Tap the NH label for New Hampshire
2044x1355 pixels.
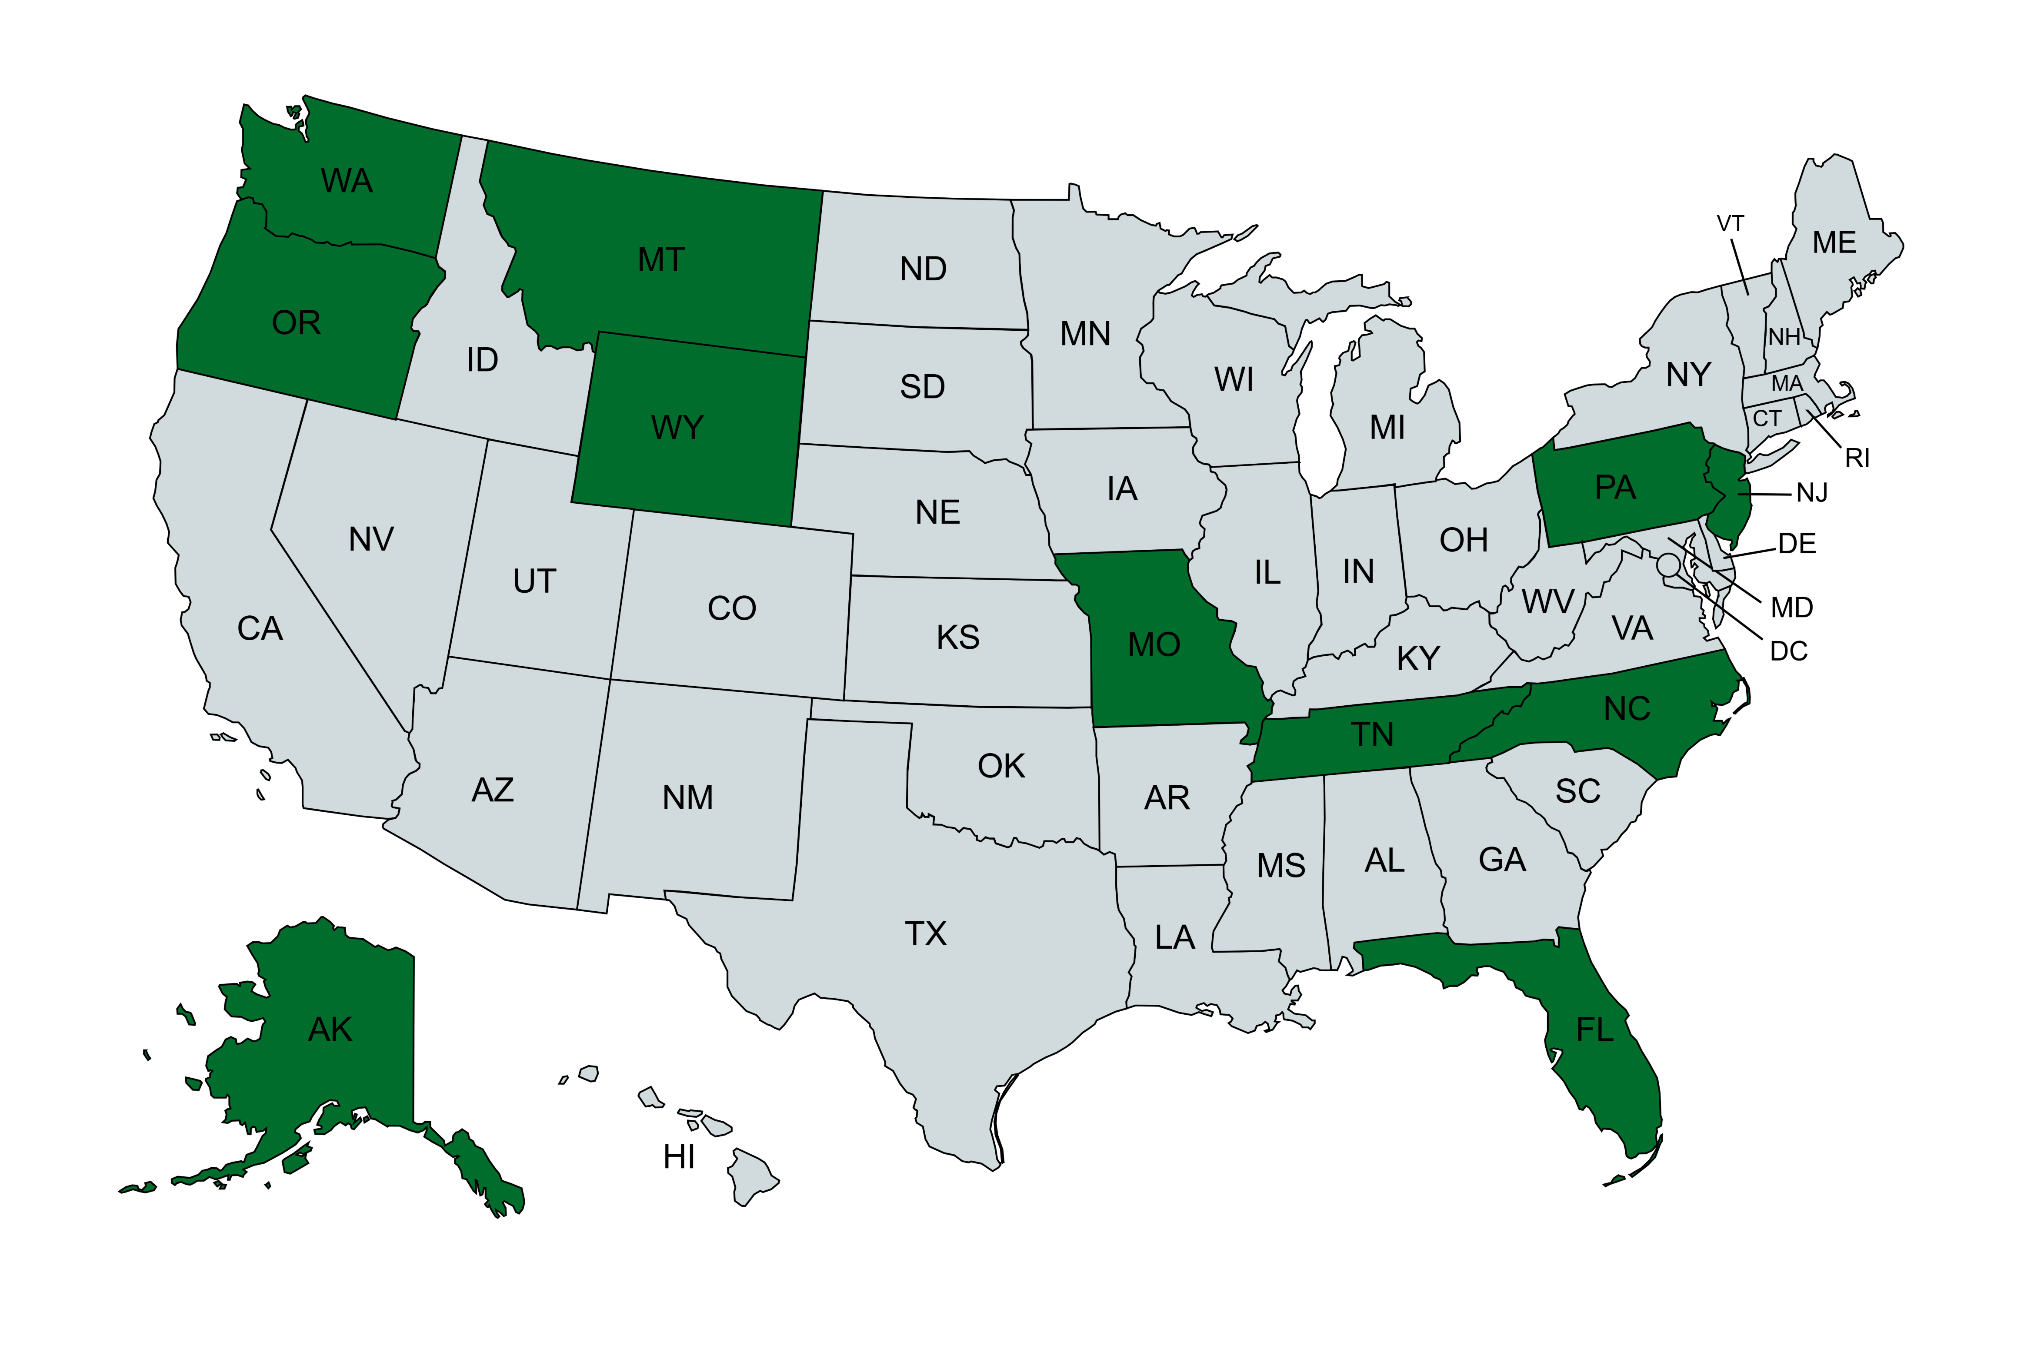[1784, 337]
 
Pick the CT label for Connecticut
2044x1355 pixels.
[1767, 419]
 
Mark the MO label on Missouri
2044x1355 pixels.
[1154, 644]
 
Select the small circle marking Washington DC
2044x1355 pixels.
[1668, 565]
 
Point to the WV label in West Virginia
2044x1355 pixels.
[1548, 601]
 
